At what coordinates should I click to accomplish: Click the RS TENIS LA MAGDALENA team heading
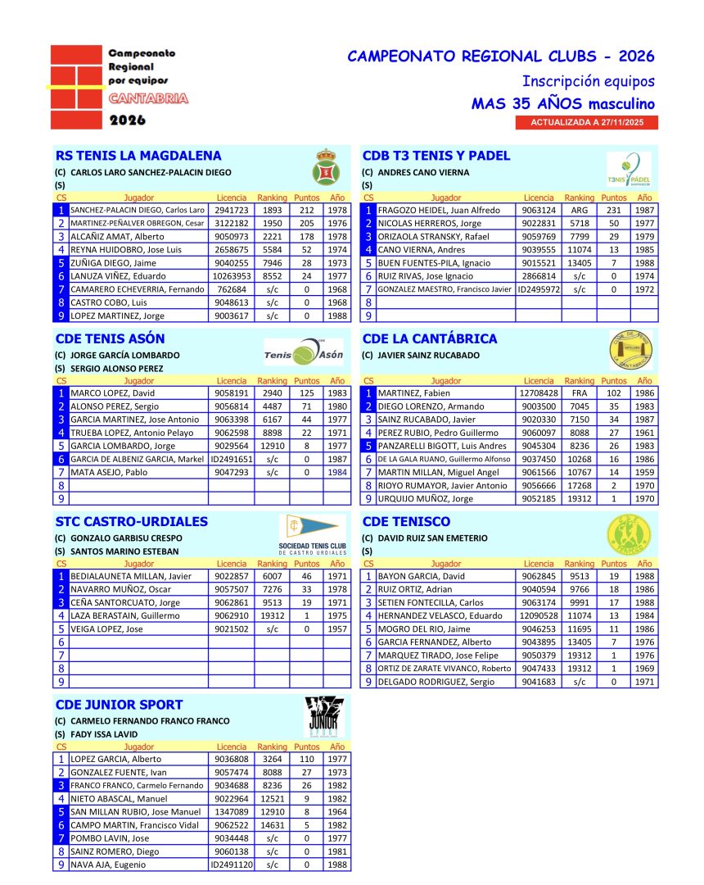click(x=138, y=156)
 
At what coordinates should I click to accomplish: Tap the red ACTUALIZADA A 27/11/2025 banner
click(x=586, y=122)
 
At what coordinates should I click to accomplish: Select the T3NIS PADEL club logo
click(x=629, y=170)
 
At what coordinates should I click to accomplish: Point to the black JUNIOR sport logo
click(x=324, y=717)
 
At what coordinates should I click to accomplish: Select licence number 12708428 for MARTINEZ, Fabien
click(x=539, y=393)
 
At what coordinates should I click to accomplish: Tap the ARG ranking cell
click(x=580, y=211)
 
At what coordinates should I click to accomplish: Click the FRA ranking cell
click(x=580, y=393)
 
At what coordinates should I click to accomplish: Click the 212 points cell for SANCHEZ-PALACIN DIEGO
click(x=307, y=211)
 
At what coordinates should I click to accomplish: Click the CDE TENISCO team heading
click(x=406, y=522)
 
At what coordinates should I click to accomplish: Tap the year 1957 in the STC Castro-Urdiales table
click(x=336, y=629)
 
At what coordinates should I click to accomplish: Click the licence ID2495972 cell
click(x=539, y=289)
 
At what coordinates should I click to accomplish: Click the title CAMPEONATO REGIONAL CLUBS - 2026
click(x=501, y=57)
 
